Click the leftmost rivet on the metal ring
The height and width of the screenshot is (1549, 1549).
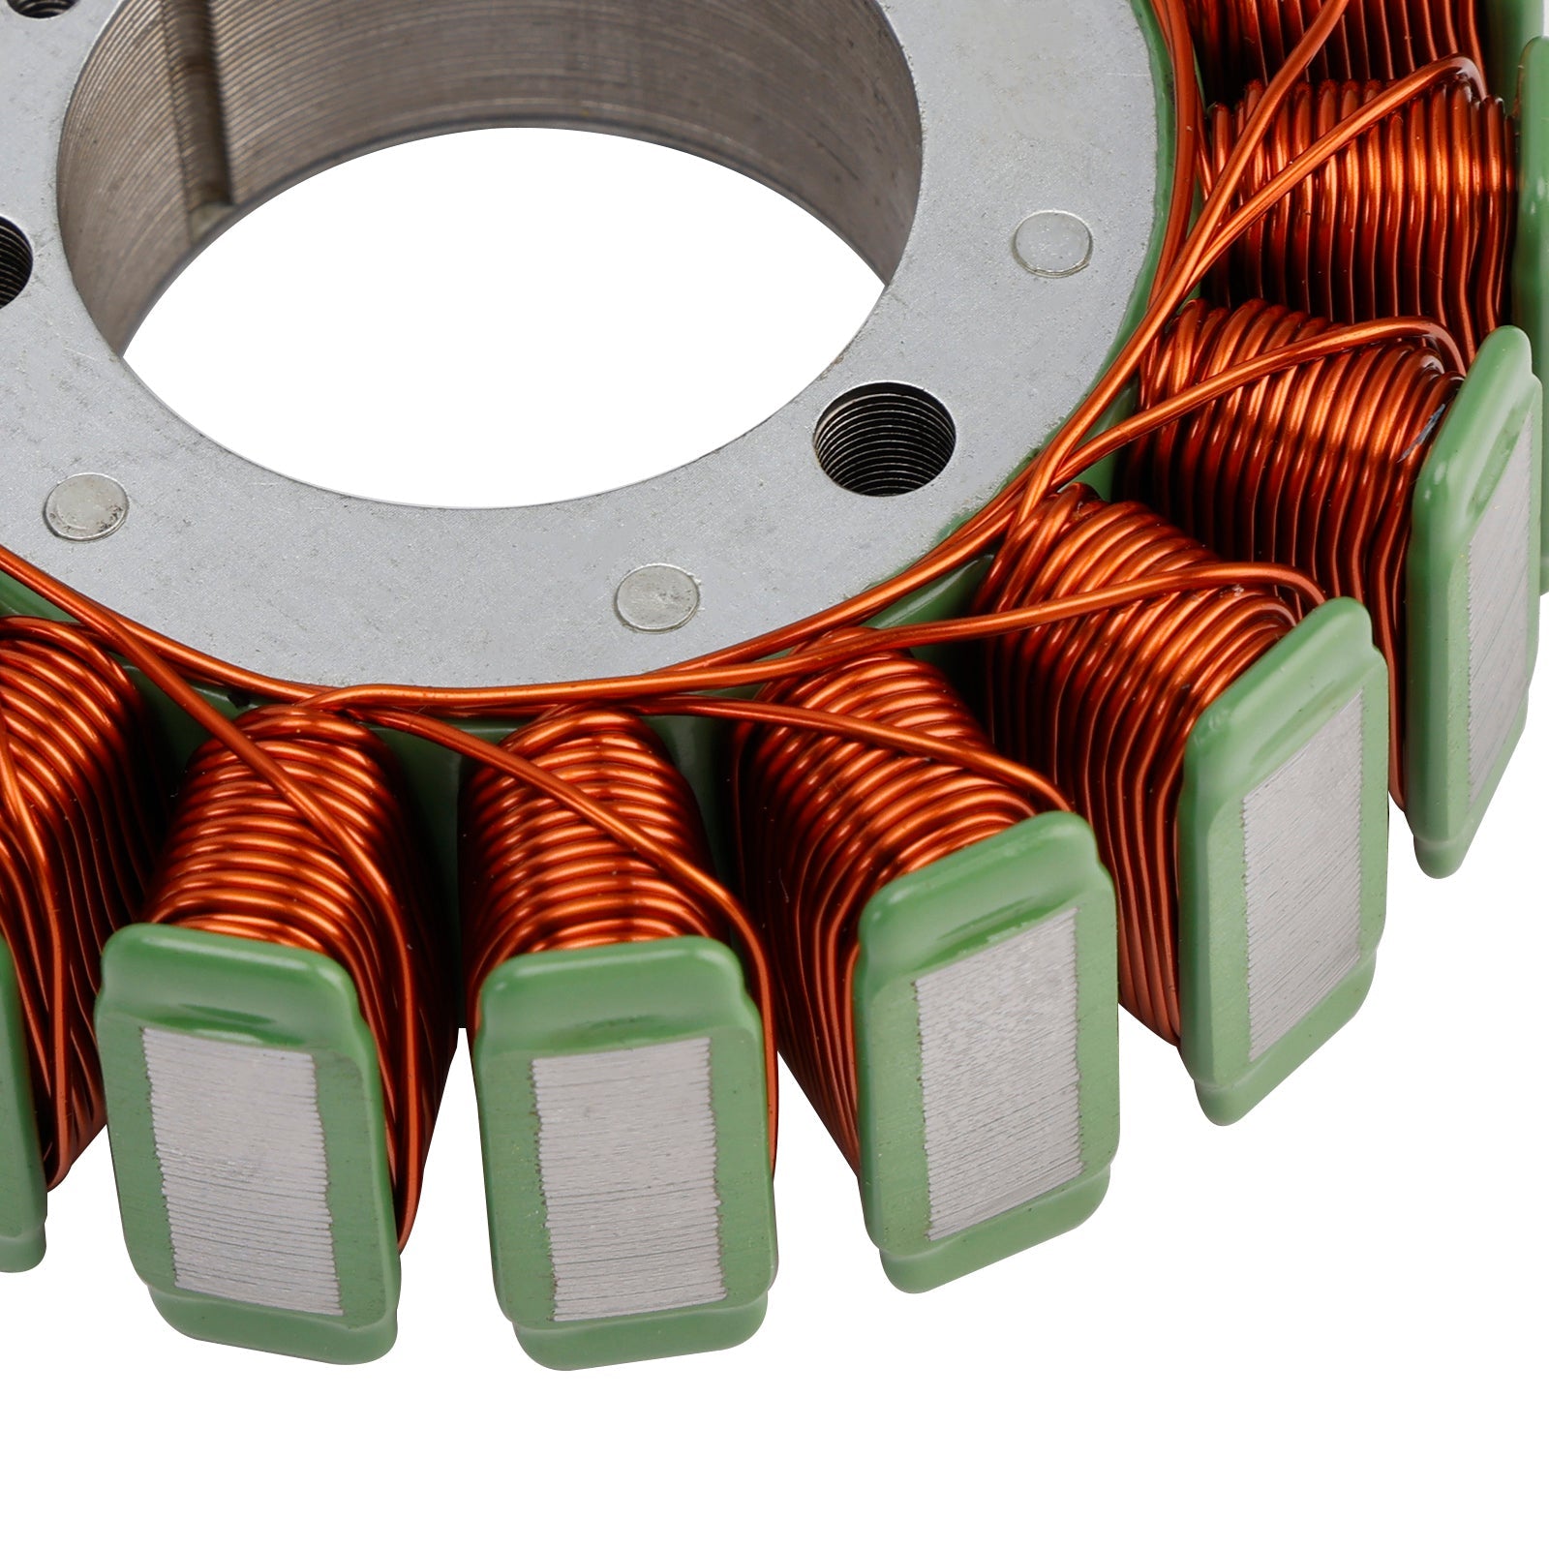coord(87,506)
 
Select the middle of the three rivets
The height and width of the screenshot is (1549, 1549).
coord(657,597)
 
